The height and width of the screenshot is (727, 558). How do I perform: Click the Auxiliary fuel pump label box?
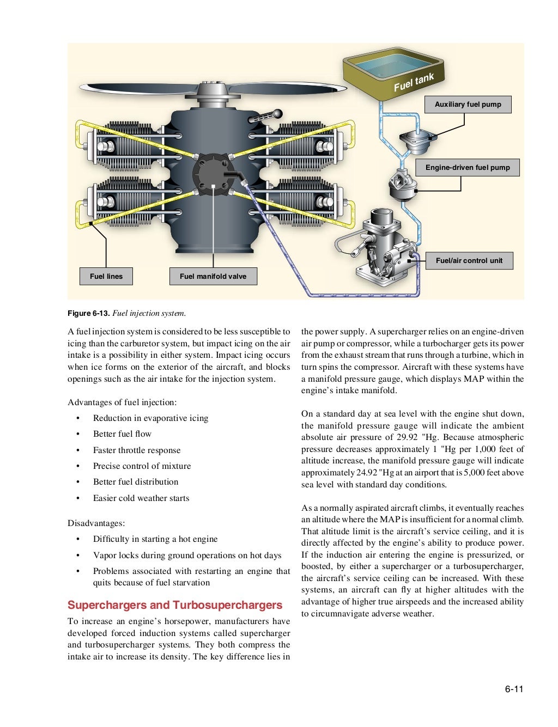pos(468,105)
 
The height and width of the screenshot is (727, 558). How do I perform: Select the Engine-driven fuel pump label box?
pos(468,168)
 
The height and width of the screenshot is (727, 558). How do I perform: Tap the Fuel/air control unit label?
pos(469,261)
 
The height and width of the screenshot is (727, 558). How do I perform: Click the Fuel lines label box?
pos(106,277)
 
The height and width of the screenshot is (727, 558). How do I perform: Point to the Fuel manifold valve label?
pos(213,277)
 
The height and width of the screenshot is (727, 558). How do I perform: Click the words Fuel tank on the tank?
pos(414,82)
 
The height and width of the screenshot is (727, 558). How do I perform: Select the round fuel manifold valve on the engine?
pos(213,175)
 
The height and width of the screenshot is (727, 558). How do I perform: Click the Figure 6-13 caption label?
pos(89,313)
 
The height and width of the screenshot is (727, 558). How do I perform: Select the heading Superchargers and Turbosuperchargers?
pos(175,606)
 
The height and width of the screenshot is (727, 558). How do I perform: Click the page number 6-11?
pos(513,689)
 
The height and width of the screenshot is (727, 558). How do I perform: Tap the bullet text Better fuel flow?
pos(122,434)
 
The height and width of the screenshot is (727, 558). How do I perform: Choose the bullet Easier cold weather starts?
pos(141,498)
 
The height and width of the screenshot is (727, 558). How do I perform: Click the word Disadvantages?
pos(96,523)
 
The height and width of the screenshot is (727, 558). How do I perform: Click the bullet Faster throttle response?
pos(137,450)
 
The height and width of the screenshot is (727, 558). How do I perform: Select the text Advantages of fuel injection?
pos(122,402)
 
